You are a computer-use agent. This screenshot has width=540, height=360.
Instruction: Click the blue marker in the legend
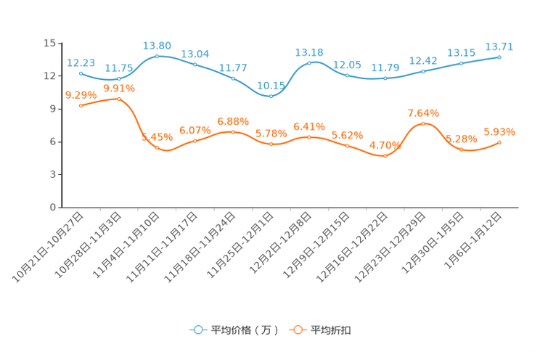click(197, 330)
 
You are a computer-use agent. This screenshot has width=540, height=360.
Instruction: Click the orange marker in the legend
click(297, 330)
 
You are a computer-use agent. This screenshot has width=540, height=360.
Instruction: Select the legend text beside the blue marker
click(244, 330)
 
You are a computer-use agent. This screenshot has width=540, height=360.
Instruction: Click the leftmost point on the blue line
click(81, 73)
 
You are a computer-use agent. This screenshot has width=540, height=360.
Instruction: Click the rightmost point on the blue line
click(500, 56)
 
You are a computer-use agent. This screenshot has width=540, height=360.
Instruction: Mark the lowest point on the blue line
click(271, 96)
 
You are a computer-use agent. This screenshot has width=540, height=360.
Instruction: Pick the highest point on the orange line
click(118, 99)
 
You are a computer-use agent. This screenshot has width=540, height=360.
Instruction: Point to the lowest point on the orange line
click(385, 155)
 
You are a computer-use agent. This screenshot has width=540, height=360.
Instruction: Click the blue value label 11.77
click(233, 68)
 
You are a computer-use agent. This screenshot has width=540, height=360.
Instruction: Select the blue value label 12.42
click(423, 60)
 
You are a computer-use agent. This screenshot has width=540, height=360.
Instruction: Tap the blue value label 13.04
click(195, 53)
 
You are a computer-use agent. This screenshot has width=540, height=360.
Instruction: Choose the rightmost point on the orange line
click(500, 142)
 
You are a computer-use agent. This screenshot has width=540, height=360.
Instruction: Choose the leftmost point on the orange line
click(81, 106)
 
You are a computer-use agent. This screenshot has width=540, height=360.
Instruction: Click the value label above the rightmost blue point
click(500, 46)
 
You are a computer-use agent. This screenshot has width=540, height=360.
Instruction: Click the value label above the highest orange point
click(119, 88)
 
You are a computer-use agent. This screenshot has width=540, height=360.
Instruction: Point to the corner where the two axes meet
click(58, 208)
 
